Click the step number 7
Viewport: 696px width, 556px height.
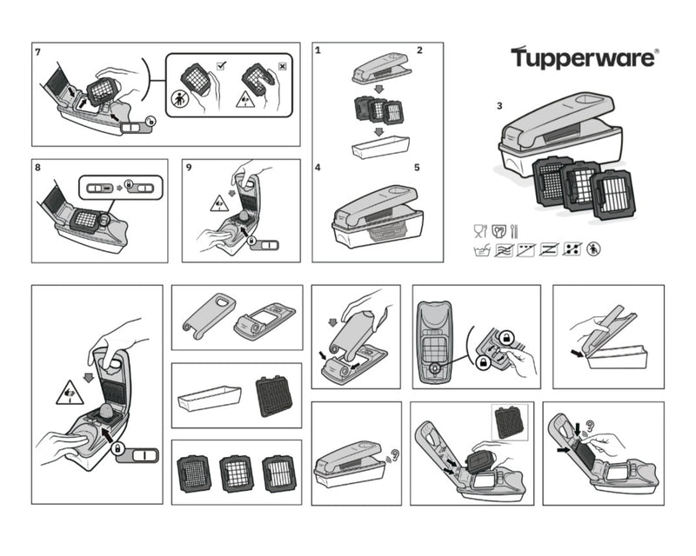tap(37, 52)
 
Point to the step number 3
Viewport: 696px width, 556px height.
tap(499, 106)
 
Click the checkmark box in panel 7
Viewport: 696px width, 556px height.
tap(221, 65)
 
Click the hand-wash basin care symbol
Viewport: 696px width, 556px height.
tap(478, 249)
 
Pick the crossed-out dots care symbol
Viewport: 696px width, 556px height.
tap(572, 249)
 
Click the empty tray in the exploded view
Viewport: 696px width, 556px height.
tap(378, 145)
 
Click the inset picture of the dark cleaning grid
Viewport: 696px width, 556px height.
tap(508, 423)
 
